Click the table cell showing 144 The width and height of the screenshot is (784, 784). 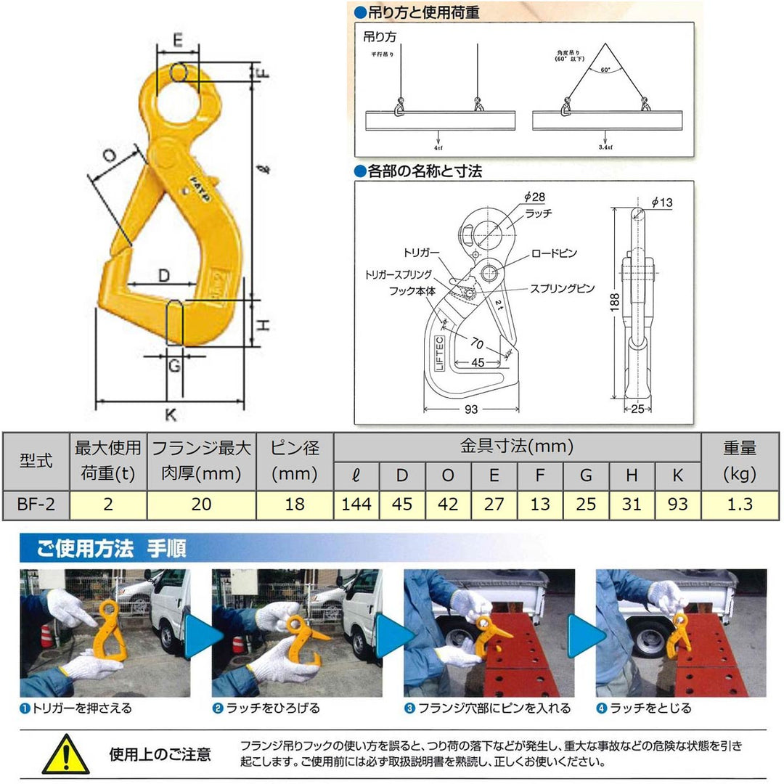tap(355, 504)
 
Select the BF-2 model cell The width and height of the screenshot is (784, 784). tap(36, 504)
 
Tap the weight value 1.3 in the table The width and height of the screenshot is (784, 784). tap(739, 504)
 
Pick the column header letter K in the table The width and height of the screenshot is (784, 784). tap(677, 475)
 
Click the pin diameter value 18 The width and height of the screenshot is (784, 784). tap(294, 504)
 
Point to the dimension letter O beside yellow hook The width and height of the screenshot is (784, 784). tap(109, 155)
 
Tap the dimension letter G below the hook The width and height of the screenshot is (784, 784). tap(173, 367)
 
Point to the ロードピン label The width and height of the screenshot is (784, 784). tap(554, 253)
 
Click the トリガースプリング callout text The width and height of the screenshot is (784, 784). tap(399, 275)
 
